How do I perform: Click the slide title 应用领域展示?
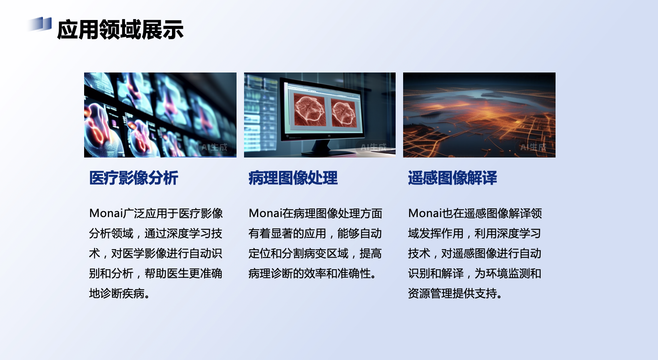tap(120, 30)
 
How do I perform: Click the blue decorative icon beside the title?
tap(41, 24)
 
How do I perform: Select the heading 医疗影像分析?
tap(134, 178)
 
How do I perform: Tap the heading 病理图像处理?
tap(293, 178)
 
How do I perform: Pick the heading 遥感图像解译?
tap(452, 178)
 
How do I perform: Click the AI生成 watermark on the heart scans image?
tap(214, 147)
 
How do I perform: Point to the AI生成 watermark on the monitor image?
tap(373, 147)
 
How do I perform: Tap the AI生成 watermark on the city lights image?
tap(533, 147)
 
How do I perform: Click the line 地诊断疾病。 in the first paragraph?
tap(119, 293)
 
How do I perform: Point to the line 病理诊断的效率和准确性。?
tap(313, 273)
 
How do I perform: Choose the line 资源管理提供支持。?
tap(455, 293)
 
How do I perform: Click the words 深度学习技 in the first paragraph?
tap(194, 233)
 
